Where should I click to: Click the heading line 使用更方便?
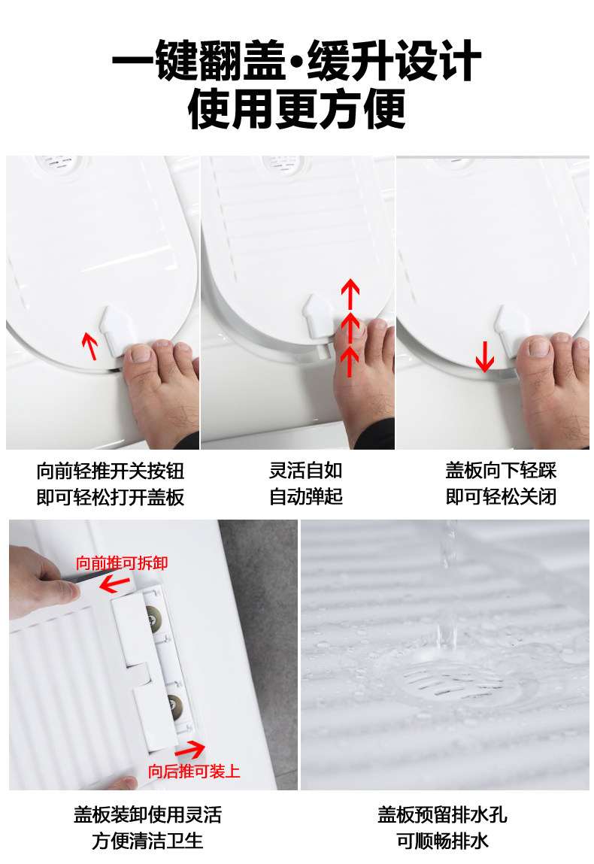click(296, 108)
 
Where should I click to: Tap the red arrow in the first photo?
click(89, 345)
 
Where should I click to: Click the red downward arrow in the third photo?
click(485, 356)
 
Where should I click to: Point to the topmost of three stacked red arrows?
click(350, 293)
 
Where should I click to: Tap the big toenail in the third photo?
click(538, 346)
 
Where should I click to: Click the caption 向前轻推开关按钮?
click(111, 471)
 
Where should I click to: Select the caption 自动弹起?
click(306, 496)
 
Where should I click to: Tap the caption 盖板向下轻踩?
click(501, 471)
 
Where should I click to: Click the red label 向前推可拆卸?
click(122, 562)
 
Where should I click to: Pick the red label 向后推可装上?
click(194, 771)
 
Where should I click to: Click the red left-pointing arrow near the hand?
click(114, 584)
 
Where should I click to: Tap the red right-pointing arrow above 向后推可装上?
click(190, 750)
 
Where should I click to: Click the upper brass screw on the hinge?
click(150, 616)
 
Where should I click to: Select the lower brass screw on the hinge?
click(175, 703)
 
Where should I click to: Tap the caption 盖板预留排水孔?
click(442, 815)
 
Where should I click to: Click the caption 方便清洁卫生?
click(147, 841)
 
